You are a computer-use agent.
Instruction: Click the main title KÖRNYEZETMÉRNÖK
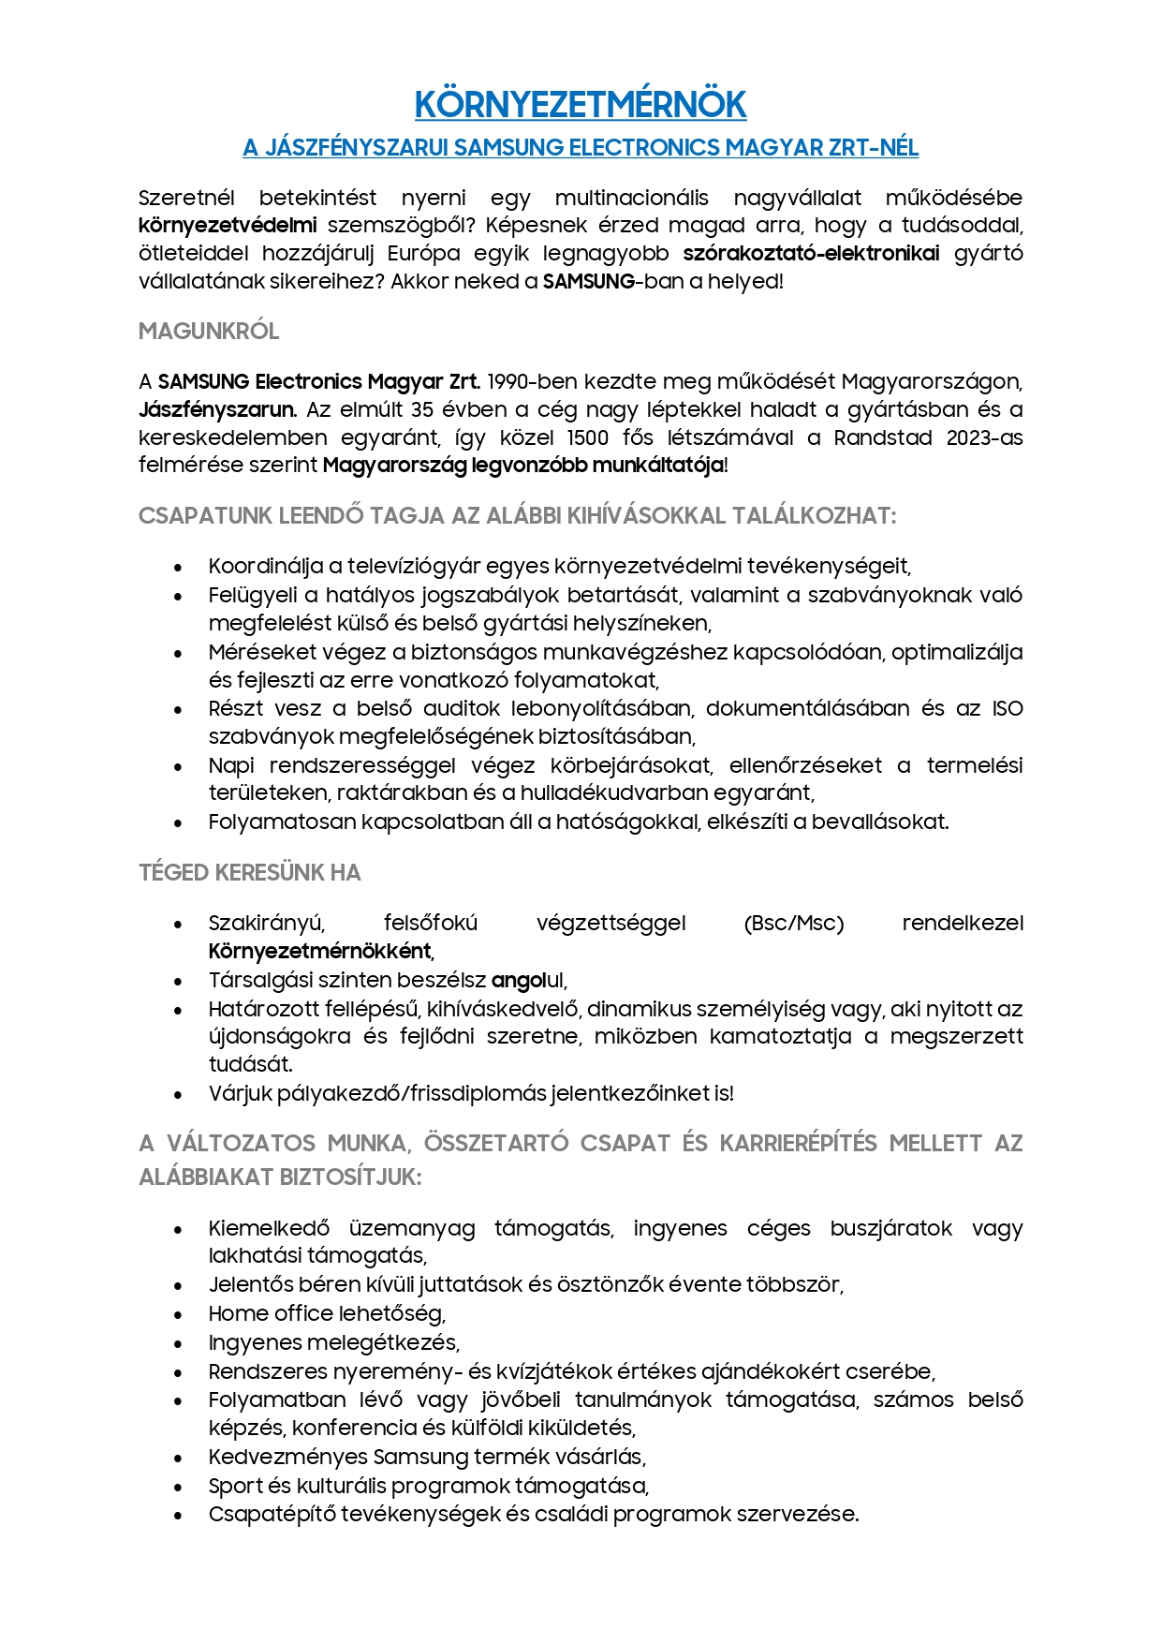581,105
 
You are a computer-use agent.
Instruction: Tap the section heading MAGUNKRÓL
209,331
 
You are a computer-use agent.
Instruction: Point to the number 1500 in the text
588,437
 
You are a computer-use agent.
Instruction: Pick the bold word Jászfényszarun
217,409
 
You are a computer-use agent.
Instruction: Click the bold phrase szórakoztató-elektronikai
811,253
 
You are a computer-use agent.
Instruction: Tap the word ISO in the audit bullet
1008,708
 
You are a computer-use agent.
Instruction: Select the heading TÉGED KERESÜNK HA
249,872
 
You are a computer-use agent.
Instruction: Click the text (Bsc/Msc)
794,924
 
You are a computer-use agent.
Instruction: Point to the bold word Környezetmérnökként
320,952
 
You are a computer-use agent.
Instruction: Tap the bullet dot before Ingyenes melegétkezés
178,1343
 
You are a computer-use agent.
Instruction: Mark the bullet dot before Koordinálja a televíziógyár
178,567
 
